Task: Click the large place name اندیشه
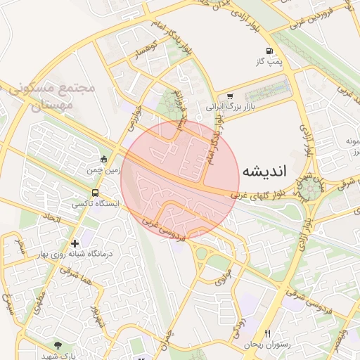coord(266,171)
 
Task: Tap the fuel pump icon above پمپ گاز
coord(271,51)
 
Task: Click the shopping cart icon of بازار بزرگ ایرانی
coord(230,96)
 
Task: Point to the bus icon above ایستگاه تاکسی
coord(96,193)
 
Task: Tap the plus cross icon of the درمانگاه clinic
coord(75,243)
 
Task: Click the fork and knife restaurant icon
coord(267,333)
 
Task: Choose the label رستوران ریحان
coord(262,345)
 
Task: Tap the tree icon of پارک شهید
coord(58,346)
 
